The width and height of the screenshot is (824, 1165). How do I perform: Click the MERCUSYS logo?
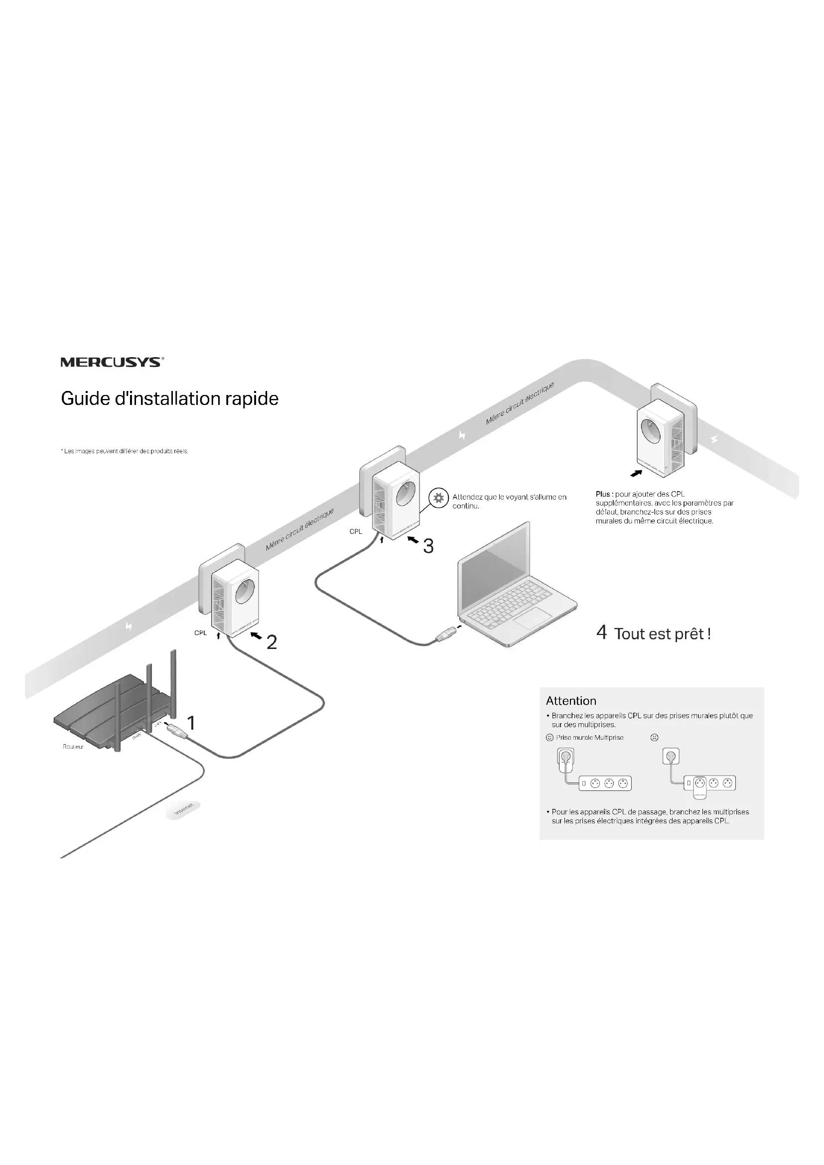112,362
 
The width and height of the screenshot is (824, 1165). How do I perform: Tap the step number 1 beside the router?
191,723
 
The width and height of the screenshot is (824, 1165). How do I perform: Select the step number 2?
272,643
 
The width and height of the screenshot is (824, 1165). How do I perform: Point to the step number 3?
428,546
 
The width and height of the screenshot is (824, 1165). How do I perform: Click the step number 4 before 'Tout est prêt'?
601,633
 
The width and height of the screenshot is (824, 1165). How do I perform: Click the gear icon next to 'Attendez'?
438,498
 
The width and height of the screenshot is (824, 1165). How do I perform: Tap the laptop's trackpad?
532,619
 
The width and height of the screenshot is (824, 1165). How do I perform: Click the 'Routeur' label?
73,747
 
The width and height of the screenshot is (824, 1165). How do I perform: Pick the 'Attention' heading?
571,701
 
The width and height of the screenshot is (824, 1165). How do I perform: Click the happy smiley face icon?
549,738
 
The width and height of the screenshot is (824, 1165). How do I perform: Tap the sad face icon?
654,738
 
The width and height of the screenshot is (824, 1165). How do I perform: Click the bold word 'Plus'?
603,494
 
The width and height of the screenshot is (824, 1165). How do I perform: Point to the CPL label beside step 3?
356,531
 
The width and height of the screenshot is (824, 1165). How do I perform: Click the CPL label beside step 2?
200,633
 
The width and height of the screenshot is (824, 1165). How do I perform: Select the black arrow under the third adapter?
636,473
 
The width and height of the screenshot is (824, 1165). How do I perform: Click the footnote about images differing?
125,451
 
